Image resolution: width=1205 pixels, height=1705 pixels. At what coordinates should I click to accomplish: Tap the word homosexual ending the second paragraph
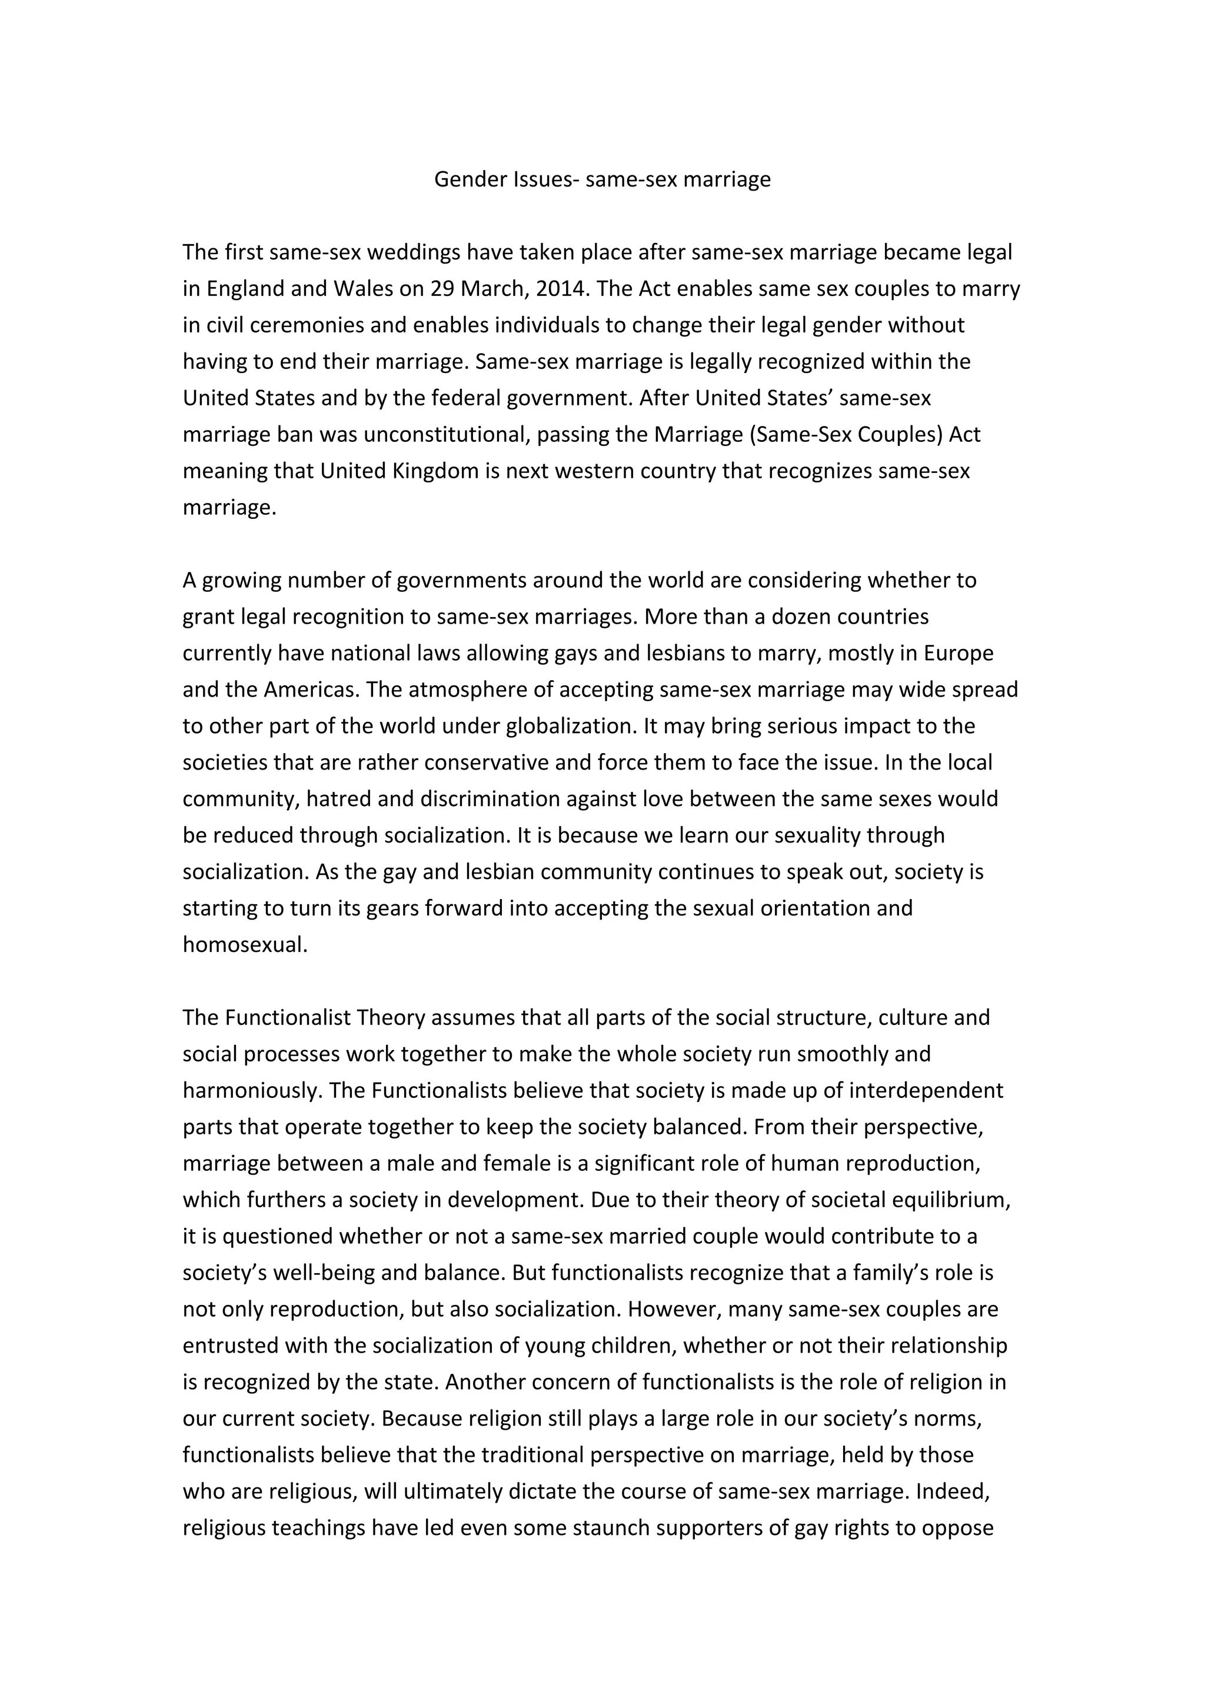[244, 945]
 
